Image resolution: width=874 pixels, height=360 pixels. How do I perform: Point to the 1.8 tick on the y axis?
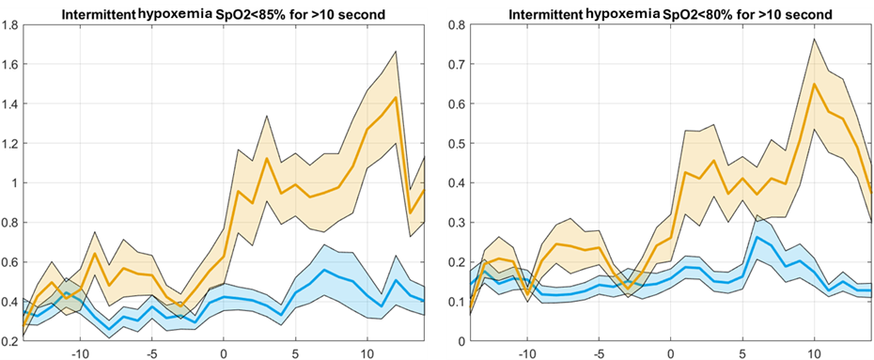[x=10, y=25]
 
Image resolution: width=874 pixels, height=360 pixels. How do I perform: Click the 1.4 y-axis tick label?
[x=10, y=104]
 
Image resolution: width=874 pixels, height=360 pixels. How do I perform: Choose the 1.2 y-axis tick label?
[x=10, y=144]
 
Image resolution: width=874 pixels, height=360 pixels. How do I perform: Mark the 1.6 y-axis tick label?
[x=10, y=65]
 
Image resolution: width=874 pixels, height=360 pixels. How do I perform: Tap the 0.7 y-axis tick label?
[x=458, y=65]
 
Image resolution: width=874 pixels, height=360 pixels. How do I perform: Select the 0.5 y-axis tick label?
[x=458, y=144]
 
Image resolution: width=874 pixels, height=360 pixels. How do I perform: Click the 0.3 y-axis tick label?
[x=458, y=223]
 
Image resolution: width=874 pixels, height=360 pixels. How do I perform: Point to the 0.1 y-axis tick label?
[x=458, y=302]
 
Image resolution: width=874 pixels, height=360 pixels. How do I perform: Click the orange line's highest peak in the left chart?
[x=396, y=97]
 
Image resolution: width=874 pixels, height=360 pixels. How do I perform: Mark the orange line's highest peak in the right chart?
[x=815, y=85]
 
